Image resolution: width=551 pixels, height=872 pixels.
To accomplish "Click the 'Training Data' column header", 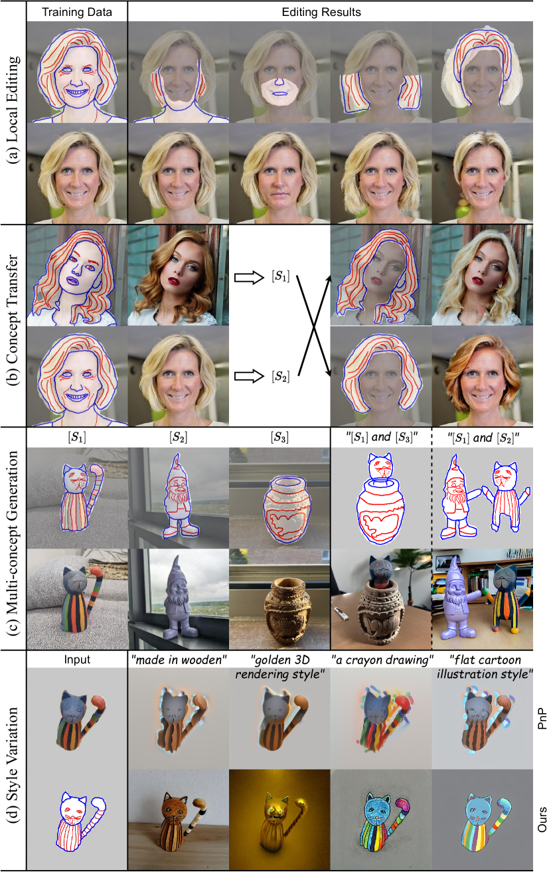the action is coord(77,12).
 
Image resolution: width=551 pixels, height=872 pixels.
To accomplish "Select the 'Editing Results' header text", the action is coord(321,12).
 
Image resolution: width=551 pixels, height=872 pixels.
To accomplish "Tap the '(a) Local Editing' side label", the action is coord(13,110).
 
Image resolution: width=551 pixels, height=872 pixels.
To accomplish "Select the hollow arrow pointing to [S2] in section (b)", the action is coord(249,376).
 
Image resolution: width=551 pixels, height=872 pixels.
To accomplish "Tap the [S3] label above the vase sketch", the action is coord(279,438).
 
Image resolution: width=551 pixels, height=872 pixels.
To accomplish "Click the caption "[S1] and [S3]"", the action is coord(382,438).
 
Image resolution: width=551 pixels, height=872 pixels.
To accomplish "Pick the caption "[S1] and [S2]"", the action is coord(483,438).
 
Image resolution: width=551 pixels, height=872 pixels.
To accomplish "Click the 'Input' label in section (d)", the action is coord(77,659).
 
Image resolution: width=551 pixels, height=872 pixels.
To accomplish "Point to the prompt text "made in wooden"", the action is coord(179,660).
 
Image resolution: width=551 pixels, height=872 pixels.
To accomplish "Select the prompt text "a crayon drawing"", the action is coord(382,660).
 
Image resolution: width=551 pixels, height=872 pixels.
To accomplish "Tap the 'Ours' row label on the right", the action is coord(542,820).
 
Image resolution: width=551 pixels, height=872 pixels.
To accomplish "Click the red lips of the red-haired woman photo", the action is coord(174,281).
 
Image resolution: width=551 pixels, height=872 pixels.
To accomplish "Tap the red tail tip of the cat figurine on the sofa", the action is coord(96,573).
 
